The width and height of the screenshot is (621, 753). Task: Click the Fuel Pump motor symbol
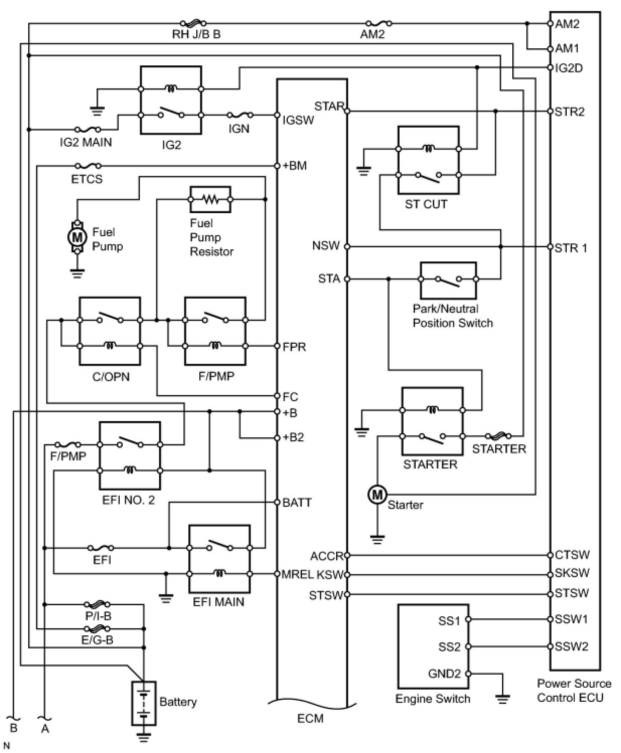pyautogui.click(x=76, y=236)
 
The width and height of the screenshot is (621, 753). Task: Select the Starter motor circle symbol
pyautogui.click(x=377, y=495)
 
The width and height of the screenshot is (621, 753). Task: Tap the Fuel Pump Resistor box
pyautogui.click(x=210, y=200)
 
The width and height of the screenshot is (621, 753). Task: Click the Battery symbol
pyautogui.click(x=144, y=703)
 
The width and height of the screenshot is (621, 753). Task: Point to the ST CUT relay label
pyautogui.click(x=426, y=204)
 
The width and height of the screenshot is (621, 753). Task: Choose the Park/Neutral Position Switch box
pyautogui.click(x=448, y=280)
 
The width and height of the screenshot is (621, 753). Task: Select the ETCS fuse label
pyautogui.click(x=87, y=179)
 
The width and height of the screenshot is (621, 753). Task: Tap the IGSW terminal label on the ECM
pyautogui.click(x=298, y=120)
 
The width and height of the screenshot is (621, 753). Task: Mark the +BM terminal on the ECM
pyautogui.click(x=277, y=165)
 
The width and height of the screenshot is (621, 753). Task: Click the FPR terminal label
pyautogui.click(x=294, y=347)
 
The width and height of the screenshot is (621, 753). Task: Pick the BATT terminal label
pyautogui.click(x=297, y=503)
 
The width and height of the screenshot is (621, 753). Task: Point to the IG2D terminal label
pyautogui.click(x=569, y=68)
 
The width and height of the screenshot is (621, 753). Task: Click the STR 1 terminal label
pyautogui.click(x=571, y=248)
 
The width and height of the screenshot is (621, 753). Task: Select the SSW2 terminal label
pyautogui.click(x=571, y=646)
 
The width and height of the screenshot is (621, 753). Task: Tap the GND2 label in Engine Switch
pyautogui.click(x=444, y=674)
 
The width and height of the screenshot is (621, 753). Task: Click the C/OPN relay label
pyautogui.click(x=111, y=376)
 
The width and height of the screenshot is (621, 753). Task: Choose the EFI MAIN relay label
pyautogui.click(x=218, y=602)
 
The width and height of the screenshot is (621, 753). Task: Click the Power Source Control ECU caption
pyautogui.click(x=574, y=690)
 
